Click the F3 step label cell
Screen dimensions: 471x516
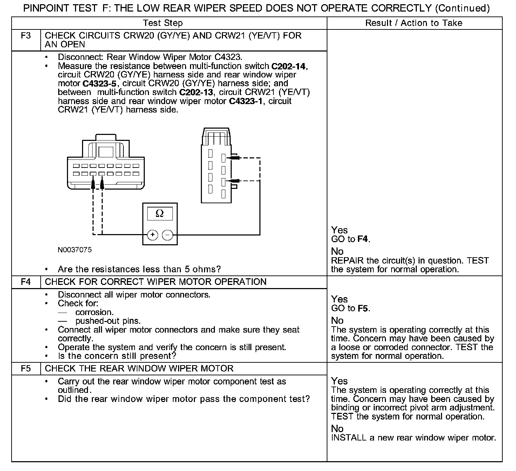(x=26, y=36)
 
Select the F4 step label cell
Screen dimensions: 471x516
(x=26, y=282)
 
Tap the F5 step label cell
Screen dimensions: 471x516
(x=26, y=369)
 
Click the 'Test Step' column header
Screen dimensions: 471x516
(x=163, y=23)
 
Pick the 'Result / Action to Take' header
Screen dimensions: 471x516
(x=414, y=23)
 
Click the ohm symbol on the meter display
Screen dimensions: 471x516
(x=159, y=213)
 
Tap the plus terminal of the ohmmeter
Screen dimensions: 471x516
(x=152, y=235)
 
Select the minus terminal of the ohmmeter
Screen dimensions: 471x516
(x=168, y=235)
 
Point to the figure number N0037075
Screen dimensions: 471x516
(x=75, y=250)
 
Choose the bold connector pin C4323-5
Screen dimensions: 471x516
(x=100, y=84)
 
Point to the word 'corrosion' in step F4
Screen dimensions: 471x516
(x=94, y=312)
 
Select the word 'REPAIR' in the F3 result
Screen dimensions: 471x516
(x=347, y=261)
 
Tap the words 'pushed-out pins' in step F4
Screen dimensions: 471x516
(x=108, y=321)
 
